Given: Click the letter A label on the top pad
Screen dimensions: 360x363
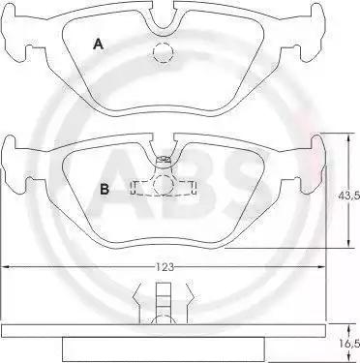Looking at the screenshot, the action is pos(98,44).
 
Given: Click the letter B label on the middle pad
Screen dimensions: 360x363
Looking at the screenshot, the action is pos(105,189).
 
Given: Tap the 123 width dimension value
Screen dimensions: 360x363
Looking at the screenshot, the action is pos(165,267).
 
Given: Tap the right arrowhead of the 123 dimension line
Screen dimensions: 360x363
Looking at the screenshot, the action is pos(321,267).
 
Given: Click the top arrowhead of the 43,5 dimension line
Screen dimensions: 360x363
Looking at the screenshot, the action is pos(348,136).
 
